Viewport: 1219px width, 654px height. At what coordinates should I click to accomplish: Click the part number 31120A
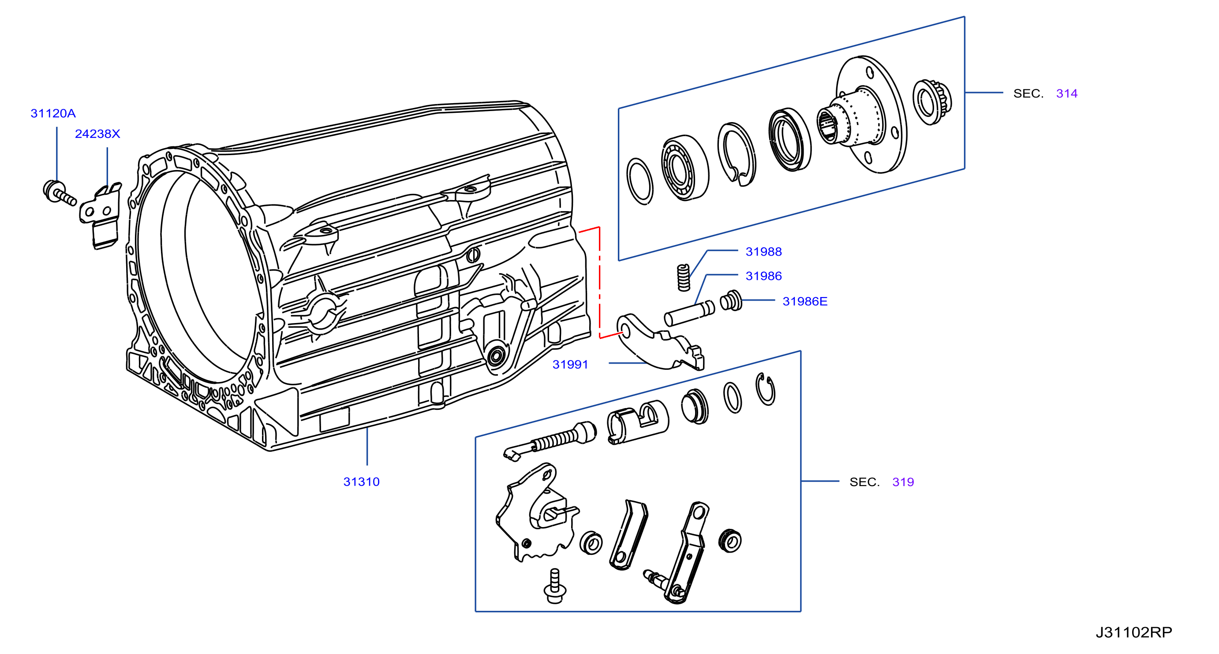pyautogui.click(x=53, y=114)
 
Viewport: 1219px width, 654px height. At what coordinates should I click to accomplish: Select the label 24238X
pyautogui.click(x=97, y=134)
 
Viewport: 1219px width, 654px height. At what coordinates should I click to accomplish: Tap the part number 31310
pyautogui.click(x=362, y=482)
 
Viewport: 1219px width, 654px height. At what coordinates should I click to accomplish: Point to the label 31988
pyautogui.click(x=764, y=252)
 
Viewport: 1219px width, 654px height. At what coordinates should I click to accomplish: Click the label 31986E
pyautogui.click(x=805, y=301)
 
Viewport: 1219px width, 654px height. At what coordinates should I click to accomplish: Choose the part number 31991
pyautogui.click(x=570, y=364)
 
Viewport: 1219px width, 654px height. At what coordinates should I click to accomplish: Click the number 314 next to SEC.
pyautogui.click(x=1066, y=93)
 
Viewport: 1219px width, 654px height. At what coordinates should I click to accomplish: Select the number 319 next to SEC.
pyautogui.click(x=903, y=482)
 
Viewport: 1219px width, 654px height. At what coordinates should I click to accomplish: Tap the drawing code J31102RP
pyautogui.click(x=1134, y=632)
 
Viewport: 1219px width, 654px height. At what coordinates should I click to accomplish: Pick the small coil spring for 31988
pyautogui.click(x=683, y=277)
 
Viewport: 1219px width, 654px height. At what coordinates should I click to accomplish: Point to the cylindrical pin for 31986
pyautogui.click(x=689, y=313)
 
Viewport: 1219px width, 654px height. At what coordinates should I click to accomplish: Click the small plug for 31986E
pyautogui.click(x=731, y=300)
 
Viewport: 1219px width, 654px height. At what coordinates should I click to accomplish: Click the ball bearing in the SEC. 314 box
pyautogui.click(x=684, y=168)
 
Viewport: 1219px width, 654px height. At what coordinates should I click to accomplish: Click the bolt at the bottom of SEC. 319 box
pyautogui.click(x=555, y=587)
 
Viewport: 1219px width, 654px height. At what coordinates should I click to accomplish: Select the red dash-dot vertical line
pyautogui.click(x=599, y=282)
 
